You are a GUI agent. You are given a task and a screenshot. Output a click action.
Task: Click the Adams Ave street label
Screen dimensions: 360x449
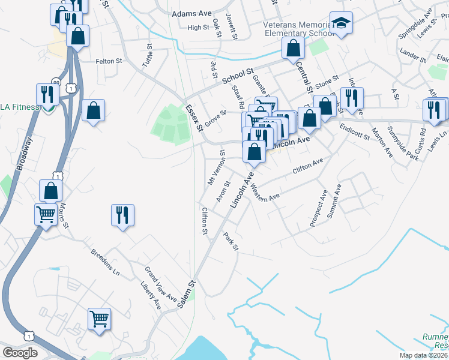[192, 13]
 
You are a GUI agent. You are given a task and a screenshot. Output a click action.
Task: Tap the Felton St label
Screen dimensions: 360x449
[109, 61]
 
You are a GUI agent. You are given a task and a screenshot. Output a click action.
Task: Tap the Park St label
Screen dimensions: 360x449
[231, 242]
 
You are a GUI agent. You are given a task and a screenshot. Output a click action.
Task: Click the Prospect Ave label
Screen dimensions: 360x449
[319, 208]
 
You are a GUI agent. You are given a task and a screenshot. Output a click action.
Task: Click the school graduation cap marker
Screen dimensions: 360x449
[341, 23]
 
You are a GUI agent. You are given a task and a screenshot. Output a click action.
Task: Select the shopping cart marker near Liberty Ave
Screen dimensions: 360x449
[99, 318]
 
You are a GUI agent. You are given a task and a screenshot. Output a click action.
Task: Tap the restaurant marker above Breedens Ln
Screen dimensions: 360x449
[122, 214]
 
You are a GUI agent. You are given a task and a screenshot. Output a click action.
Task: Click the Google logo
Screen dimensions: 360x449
[20, 353]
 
